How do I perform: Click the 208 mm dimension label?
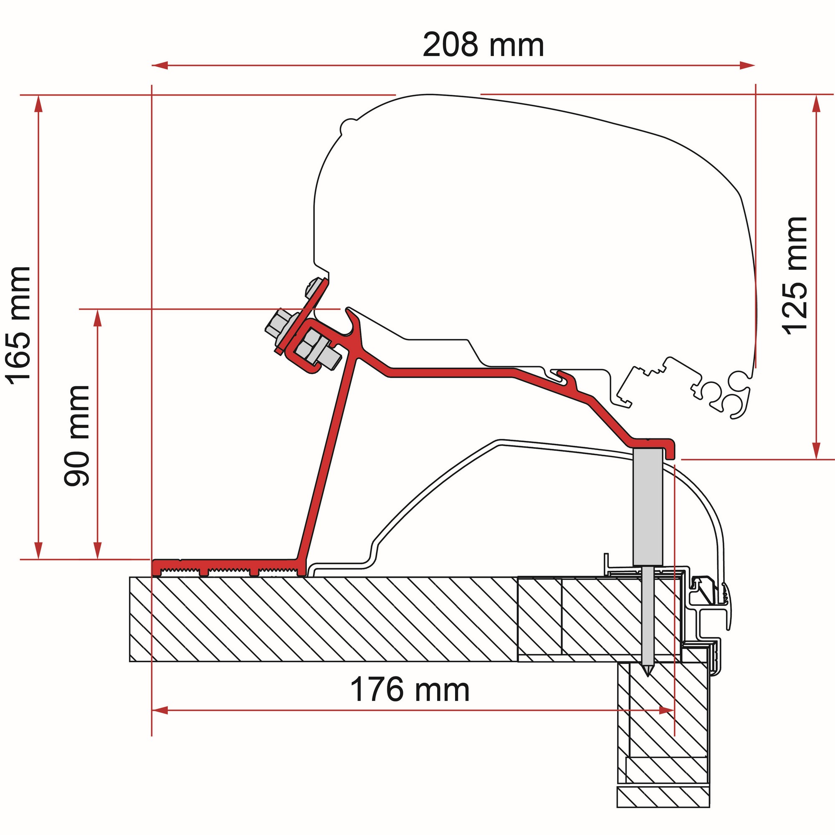point(483,45)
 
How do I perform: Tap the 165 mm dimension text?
point(18,326)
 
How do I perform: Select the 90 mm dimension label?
point(77,435)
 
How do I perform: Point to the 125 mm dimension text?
point(795,276)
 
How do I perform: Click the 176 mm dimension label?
point(409,690)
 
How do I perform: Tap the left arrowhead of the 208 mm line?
point(159,65)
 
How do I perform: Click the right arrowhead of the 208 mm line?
point(747,65)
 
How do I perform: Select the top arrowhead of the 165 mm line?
point(39,104)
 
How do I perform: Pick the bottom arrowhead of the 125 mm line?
point(816,450)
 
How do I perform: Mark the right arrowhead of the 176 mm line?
point(666,711)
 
